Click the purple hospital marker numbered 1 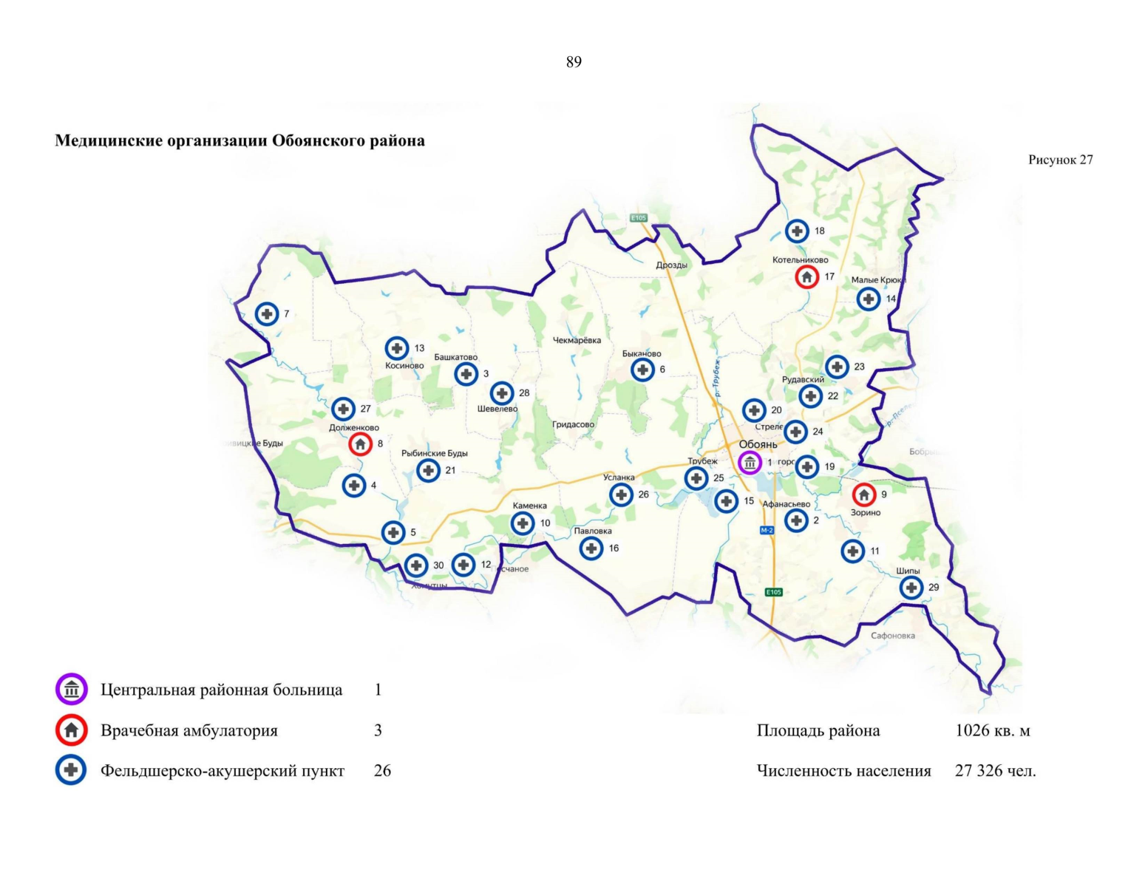tap(750, 463)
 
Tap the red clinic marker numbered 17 tap(806, 277)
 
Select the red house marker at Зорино tap(863, 495)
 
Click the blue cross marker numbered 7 tap(267, 314)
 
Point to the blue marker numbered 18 tap(796, 231)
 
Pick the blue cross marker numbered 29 tap(911, 588)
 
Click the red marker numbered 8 tap(360, 444)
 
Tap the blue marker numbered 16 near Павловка tap(591, 548)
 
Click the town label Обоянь tap(758, 444)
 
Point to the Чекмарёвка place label tap(577, 341)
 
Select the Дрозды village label tap(671, 265)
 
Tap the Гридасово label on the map tap(573, 425)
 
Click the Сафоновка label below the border tap(892, 636)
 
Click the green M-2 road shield tap(767, 530)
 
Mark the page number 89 tap(574, 62)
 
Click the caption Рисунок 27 tap(1060, 160)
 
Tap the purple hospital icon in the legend tap(72, 690)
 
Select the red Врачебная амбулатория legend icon tap(72, 730)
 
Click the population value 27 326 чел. tap(995, 771)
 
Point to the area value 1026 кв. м tap(992, 731)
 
